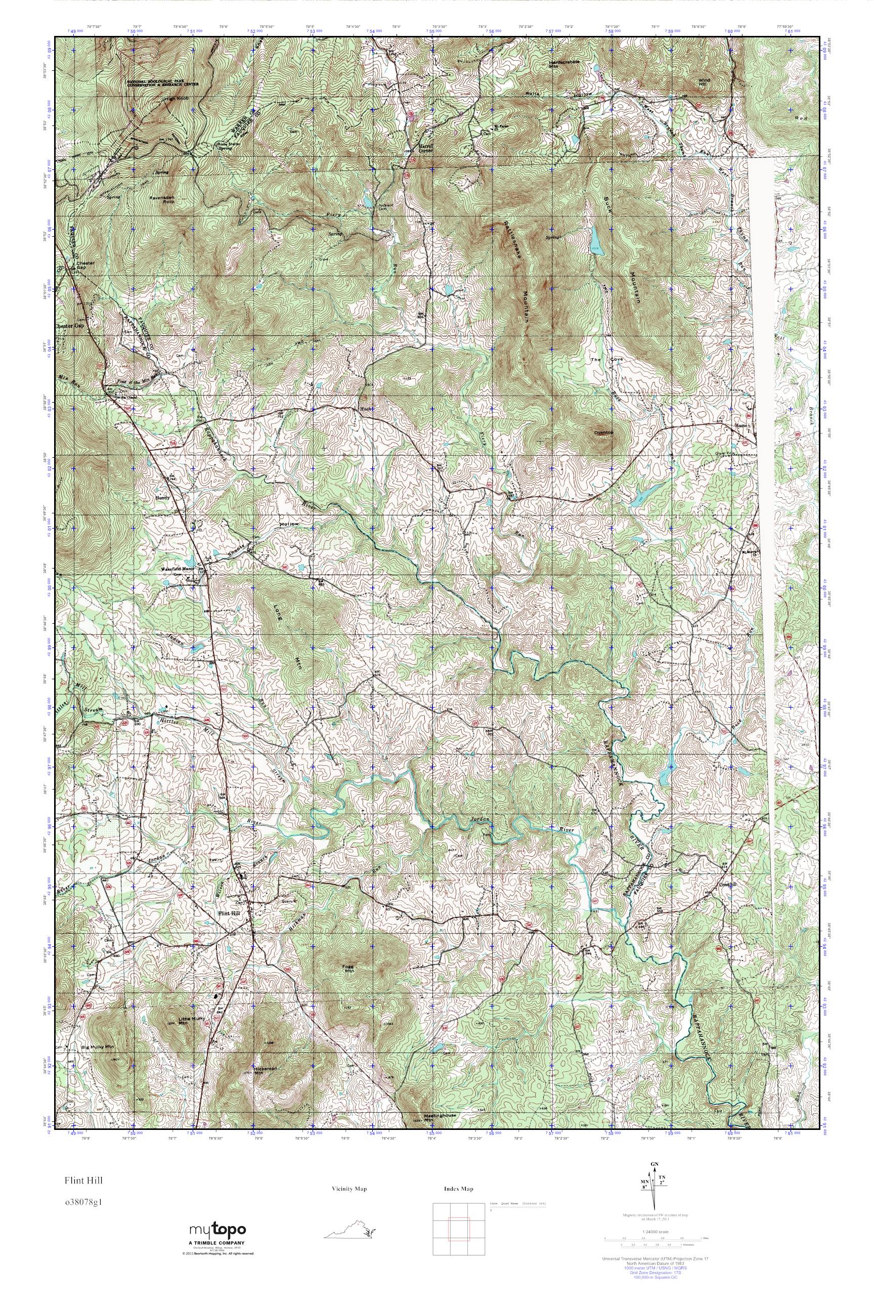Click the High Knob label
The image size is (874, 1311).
173,99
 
